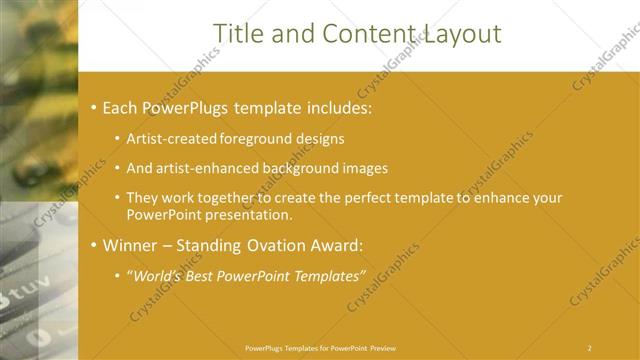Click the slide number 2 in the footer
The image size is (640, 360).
pyautogui.click(x=590, y=348)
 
